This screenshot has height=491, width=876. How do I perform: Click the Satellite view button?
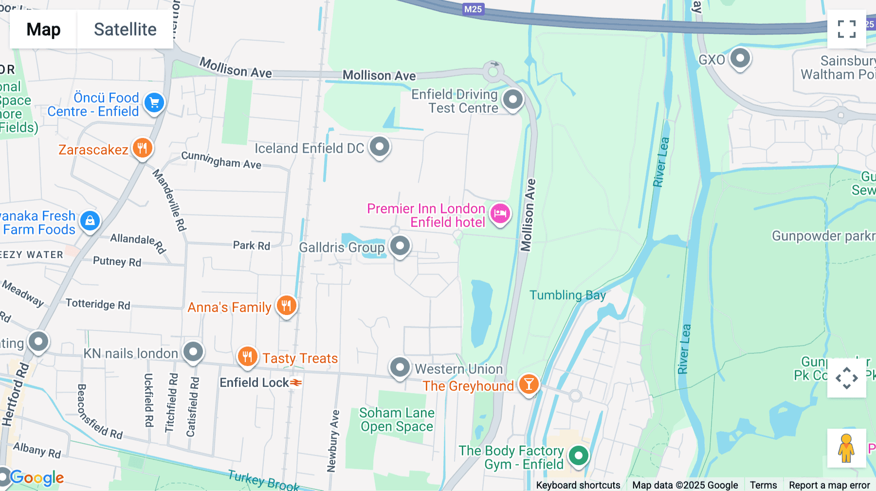tap(125, 30)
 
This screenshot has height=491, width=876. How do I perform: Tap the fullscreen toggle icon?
tap(846, 29)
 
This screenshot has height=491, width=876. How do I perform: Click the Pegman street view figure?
tap(846, 448)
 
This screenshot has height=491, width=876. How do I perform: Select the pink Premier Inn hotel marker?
tap(500, 213)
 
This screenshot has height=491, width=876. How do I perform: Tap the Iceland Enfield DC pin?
tap(380, 146)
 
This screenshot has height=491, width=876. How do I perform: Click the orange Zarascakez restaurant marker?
tap(142, 148)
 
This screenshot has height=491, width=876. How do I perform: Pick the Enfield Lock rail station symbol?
tap(296, 383)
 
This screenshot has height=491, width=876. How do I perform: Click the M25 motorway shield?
tap(473, 9)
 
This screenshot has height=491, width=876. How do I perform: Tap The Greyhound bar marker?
tap(529, 385)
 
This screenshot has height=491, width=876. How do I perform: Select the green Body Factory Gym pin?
tap(578, 456)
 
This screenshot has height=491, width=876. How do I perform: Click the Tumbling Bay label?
tap(567, 295)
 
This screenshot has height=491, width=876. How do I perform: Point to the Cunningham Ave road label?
tap(221, 160)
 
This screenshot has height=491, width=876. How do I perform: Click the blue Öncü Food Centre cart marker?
tap(154, 103)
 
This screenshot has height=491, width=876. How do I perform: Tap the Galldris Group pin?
tap(400, 246)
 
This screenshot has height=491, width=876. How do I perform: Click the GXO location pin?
tap(740, 58)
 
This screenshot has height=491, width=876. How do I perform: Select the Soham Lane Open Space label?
tap(397, 420)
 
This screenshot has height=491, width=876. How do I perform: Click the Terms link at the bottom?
tap(763, 485)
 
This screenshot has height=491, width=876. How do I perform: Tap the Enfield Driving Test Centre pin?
tap(512, 100)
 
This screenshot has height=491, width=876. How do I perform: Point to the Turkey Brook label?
tap(263, 480)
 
